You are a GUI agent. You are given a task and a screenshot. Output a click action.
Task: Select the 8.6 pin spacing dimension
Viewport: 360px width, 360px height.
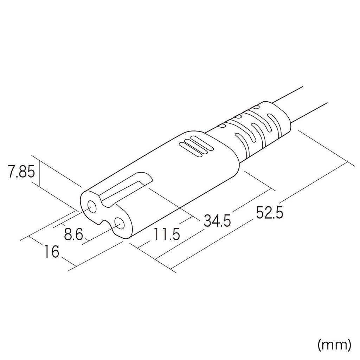click(73, 234)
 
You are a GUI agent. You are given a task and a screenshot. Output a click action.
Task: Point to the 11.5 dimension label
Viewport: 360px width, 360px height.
click(167, 234)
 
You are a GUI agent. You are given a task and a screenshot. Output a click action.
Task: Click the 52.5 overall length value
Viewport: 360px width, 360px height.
click(269, 213)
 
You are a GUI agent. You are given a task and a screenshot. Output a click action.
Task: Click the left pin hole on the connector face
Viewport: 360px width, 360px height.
click(92, 207)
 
